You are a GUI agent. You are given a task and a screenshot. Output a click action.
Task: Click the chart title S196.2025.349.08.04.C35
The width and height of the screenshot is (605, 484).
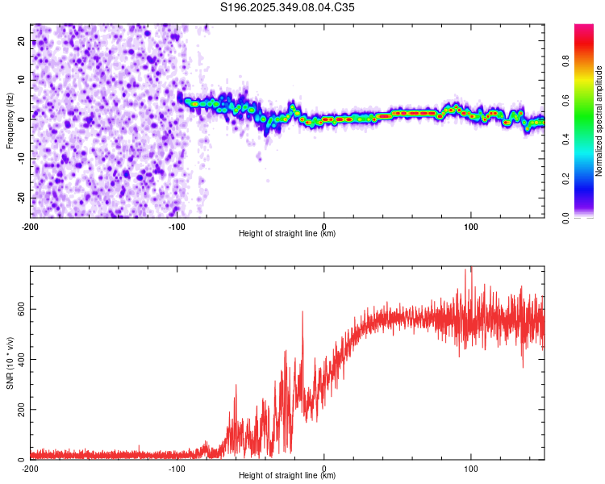tap(287, 7)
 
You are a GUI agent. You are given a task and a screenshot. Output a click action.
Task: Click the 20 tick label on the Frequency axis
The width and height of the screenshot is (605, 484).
tap(22, 40)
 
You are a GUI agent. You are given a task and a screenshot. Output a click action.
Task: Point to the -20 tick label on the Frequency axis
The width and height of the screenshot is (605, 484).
tap(22, 198)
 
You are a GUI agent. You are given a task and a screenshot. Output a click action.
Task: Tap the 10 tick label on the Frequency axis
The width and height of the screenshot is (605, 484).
tap(22, 80)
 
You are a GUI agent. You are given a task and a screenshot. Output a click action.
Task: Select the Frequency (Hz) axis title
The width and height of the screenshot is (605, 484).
tap(10, 121)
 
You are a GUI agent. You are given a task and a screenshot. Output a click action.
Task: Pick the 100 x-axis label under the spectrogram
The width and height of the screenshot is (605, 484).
tap(471, 227)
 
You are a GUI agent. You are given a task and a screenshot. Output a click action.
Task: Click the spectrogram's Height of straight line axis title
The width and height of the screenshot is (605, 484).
tap(287, 233)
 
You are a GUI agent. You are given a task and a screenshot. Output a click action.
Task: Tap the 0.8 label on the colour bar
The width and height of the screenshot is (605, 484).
tap(565, 61)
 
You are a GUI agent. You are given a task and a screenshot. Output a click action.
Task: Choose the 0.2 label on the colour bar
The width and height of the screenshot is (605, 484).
tap(565, 179)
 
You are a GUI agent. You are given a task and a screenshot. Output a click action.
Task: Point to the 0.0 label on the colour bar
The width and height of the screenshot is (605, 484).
tap(565, 219)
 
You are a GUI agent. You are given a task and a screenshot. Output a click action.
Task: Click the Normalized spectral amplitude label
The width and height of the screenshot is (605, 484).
tap(599, 121)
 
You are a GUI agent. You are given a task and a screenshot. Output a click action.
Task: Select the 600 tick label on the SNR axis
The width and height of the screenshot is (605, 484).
tap(22, 310)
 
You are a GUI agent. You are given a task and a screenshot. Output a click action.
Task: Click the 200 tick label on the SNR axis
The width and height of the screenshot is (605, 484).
tap(22, 410)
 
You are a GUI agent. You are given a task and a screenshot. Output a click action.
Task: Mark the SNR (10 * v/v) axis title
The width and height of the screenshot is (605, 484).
tap(10, 363)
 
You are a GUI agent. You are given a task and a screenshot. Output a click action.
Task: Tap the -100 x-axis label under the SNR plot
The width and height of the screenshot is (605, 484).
tap(177, 469)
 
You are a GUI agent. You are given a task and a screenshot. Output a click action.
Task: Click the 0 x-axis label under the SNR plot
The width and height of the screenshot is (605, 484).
tap(324, 469)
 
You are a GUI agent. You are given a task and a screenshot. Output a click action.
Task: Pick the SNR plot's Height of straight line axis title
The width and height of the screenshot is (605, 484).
tap(287, 475)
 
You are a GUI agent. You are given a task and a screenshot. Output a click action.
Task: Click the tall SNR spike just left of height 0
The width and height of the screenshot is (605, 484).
tap(302, 312)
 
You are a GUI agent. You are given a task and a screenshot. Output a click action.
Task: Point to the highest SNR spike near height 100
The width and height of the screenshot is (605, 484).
tap(471, 268)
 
